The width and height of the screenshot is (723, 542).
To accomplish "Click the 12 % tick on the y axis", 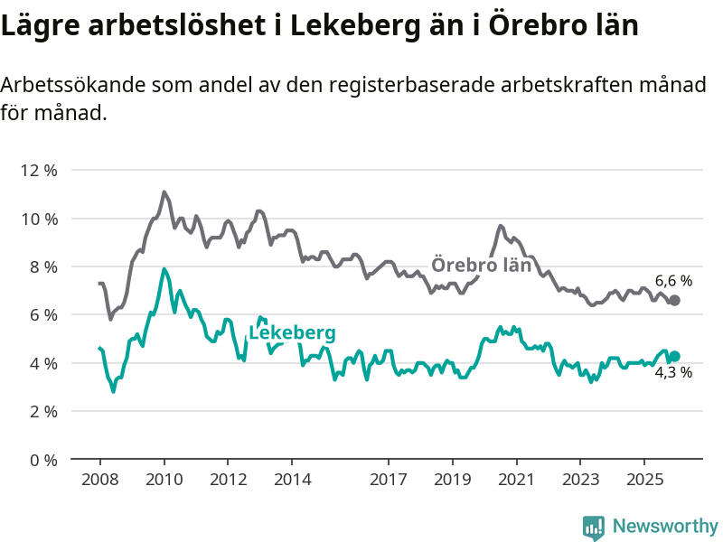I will point(39,171).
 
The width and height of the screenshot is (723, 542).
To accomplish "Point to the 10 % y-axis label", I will point(39,219).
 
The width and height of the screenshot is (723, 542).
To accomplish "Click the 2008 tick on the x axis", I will point(99,478).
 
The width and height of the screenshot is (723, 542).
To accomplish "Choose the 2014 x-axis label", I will point(292,478).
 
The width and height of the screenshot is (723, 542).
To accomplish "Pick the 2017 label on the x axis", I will point(388,478).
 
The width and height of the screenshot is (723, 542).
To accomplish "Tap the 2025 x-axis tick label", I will point(643,478).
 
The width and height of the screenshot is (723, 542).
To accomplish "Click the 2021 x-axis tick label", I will point(516,478).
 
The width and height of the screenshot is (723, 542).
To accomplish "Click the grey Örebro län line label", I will point(481,266).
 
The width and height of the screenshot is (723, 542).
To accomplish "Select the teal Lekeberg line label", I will point(292,333).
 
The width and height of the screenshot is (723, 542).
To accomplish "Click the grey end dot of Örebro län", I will point(674,300).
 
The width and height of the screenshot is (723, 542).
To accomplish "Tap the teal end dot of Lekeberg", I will point(674,356).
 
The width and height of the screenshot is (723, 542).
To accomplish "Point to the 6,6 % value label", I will point(673,281).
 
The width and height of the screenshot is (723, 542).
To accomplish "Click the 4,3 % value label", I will point(673,372).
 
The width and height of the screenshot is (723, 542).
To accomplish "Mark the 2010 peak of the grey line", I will point(164,192).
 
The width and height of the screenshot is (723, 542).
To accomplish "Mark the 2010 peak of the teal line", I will point(164,269).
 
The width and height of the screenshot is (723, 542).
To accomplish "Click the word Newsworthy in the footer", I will point(665,526).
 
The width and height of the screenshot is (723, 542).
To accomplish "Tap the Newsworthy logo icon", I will point(594,526).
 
